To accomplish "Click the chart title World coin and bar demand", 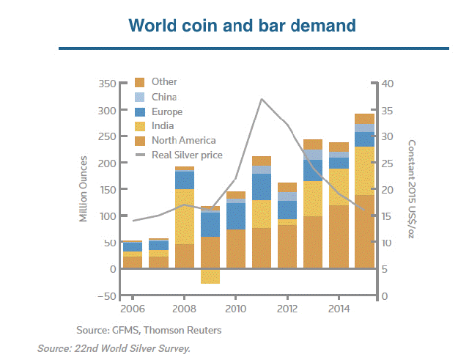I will (242, 26).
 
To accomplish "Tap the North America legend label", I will (183, 140).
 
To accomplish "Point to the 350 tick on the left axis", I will (107, 84).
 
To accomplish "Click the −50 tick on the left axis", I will (107, 295).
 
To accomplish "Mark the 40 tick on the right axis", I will (388, 84).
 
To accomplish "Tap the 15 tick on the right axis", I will (388, 216).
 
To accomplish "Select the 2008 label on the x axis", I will (184, 309).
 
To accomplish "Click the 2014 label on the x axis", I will (337, 309).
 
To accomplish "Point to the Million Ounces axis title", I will (84, 189).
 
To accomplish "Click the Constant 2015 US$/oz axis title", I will (412, 189).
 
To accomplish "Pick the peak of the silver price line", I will (262, 98).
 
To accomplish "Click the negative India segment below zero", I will (210, 276).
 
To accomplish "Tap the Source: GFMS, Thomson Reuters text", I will (149, 330).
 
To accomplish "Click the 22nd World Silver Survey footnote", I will (114, 348).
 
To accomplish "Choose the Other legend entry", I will (163, 82).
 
